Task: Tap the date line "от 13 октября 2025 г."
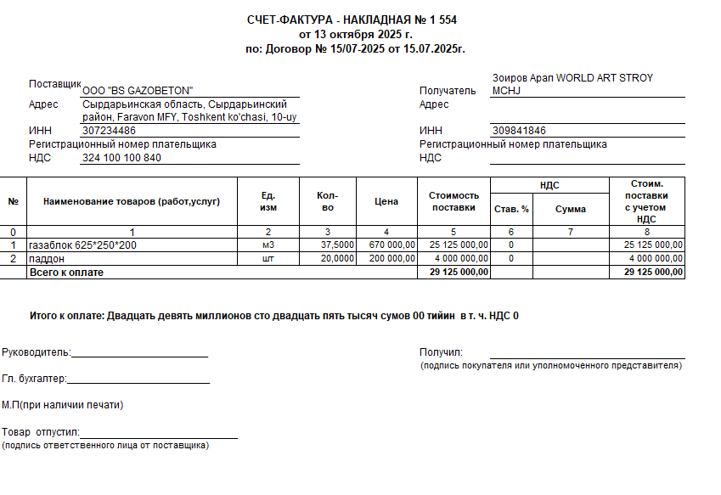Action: point(356,35)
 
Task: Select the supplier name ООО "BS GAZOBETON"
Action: point(138,90)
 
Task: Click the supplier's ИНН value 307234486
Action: point(109,131)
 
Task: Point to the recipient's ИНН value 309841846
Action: point(519,131)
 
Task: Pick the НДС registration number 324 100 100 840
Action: point(121,158)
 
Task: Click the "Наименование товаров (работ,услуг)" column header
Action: point(132,201)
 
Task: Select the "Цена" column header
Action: point(386,201)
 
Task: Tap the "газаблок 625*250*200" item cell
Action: point(82,245)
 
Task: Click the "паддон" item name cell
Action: point(47,258)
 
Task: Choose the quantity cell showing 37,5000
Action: point(337,245)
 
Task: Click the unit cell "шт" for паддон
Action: point(268,258)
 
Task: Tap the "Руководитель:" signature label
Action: point(37,352)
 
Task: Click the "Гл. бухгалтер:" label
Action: point(34,380)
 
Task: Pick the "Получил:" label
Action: point(440,352)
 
